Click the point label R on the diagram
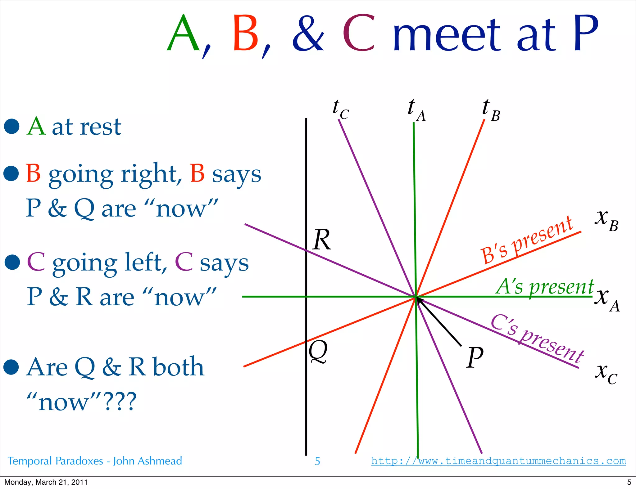click(x=322, y=240)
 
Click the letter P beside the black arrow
click(x=475, y=357)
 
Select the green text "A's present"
click(x=545, y=287)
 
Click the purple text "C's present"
click(x=538, y=338)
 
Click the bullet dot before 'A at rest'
click(x=12, y=127)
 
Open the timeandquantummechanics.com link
click(x=498, y=461)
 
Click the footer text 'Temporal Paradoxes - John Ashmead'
click(x=95, y=461)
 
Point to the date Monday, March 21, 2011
click(x=46, y=482)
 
